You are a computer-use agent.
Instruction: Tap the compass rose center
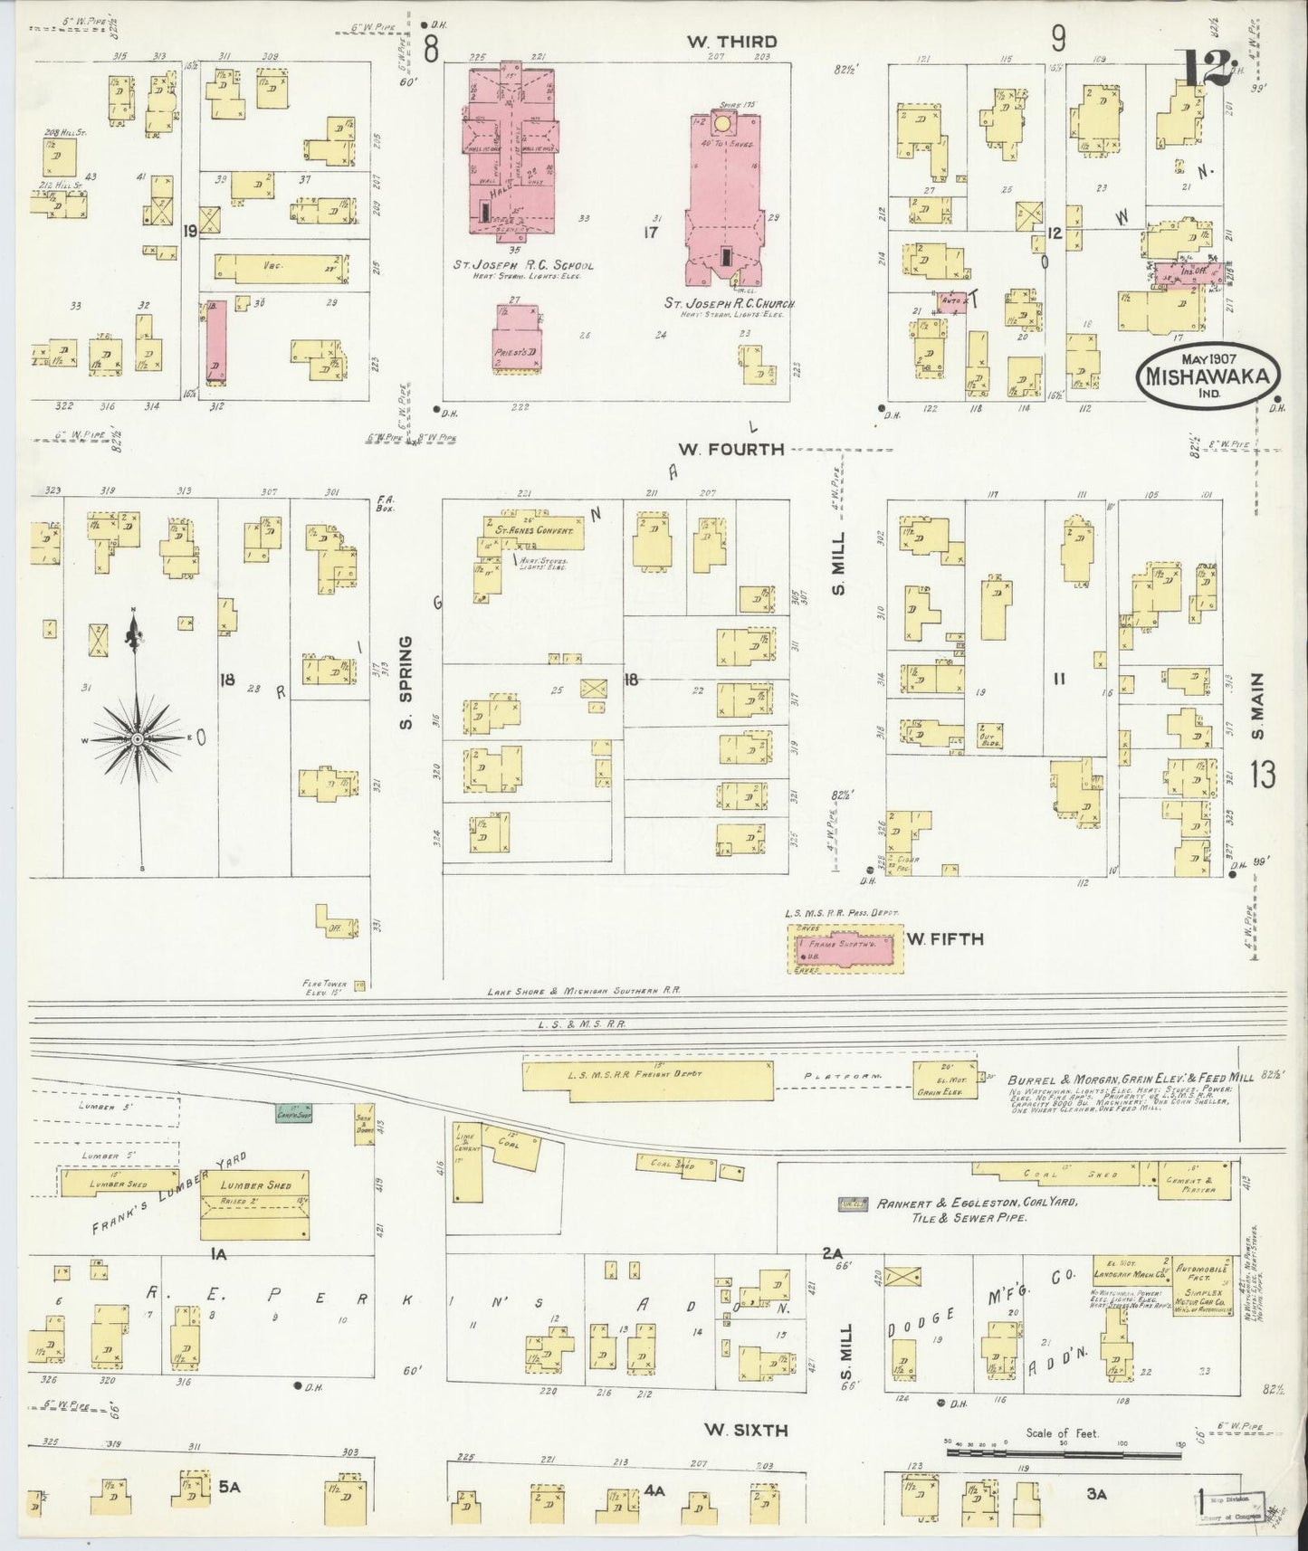click(137, 739)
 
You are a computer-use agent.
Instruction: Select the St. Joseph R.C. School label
click(524, 266)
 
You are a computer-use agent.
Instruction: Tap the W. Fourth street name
click(734, 449)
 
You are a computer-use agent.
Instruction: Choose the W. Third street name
click(731, 41)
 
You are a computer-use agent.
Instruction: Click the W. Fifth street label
click(945, 939)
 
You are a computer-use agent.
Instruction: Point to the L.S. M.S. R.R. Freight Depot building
click(647, 1075)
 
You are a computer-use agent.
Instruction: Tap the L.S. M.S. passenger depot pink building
click(845, 949)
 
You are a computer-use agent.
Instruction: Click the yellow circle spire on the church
click(722, 122)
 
